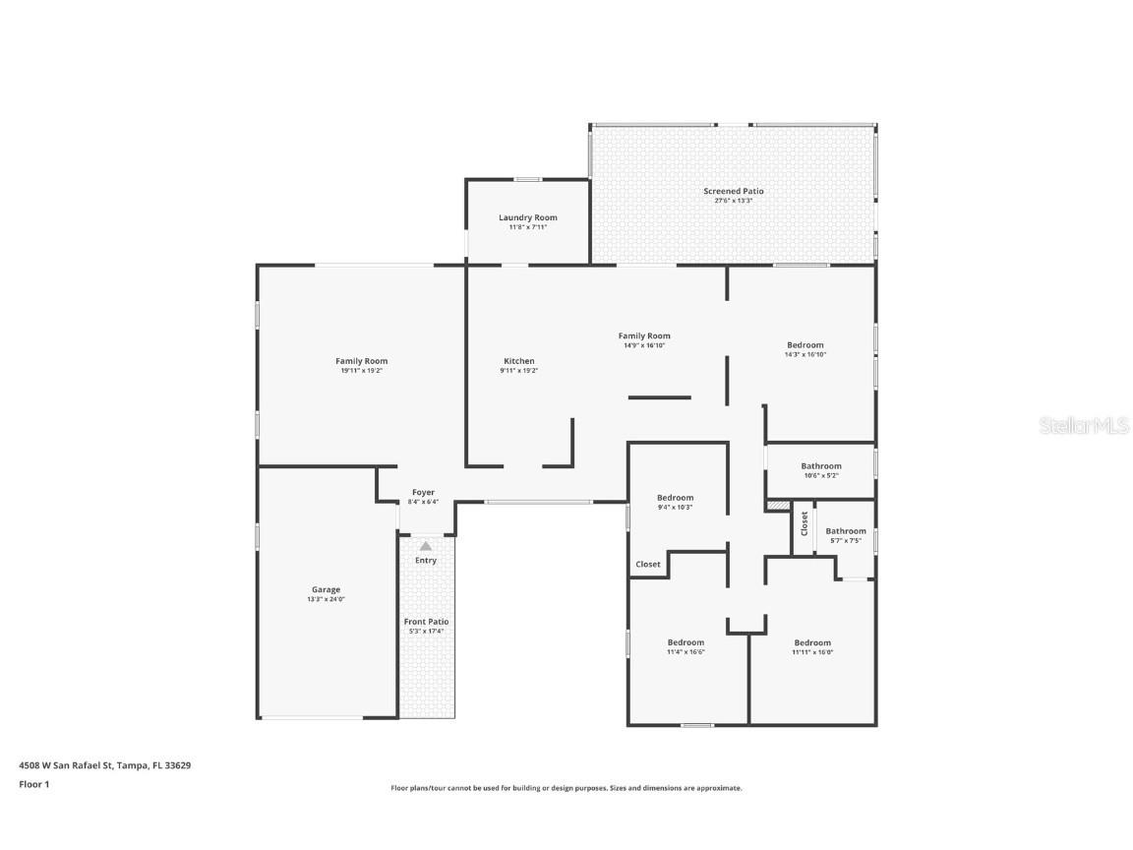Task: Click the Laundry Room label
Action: [527, 217]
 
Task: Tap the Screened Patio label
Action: [733, 191]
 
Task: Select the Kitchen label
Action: [518, 361]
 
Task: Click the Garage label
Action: [326, 589]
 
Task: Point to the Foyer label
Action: [423, 492]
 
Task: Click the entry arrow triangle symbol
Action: [425, 545]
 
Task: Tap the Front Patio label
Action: [426, 622]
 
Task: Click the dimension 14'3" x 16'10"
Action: [805, 354]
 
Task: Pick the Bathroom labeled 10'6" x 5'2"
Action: [820, 466]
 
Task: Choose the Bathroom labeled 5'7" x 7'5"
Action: [845, 531]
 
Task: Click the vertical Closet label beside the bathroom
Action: [804, 523]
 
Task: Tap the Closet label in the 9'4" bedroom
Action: [648, 565]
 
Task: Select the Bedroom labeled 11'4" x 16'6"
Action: [686, 642]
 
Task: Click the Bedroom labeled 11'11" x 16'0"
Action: [812, 642]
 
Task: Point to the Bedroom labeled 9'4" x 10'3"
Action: [675, 498]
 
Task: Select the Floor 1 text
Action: [33, 784]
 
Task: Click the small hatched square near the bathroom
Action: [778, 505]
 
